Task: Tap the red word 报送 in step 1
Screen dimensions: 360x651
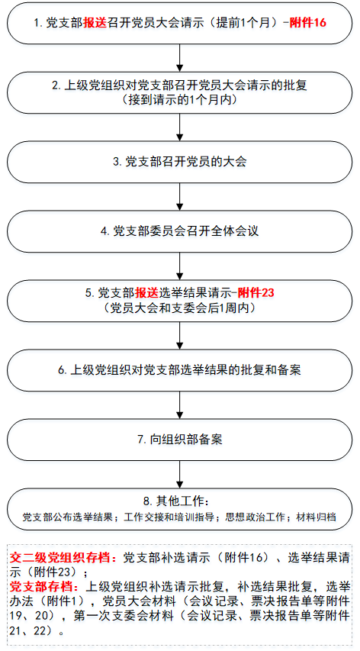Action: pos(95,23)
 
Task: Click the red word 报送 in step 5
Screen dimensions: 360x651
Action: pos(147,293)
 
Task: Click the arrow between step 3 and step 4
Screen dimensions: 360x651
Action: pos(179,196)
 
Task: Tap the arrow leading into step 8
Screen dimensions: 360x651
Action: pos(179,474)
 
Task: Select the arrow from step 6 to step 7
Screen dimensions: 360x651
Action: pos(179,404)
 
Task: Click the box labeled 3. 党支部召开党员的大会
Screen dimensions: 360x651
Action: pos(179,162)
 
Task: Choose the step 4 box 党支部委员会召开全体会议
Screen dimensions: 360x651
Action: pos(179,230)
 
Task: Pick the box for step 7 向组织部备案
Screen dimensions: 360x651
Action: pos(179,439)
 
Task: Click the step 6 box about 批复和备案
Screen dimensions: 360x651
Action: pos(179,369)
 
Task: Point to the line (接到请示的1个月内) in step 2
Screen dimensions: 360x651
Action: pos(179,99)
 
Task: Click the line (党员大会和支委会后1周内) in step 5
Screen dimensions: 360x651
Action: pos(179,308)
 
